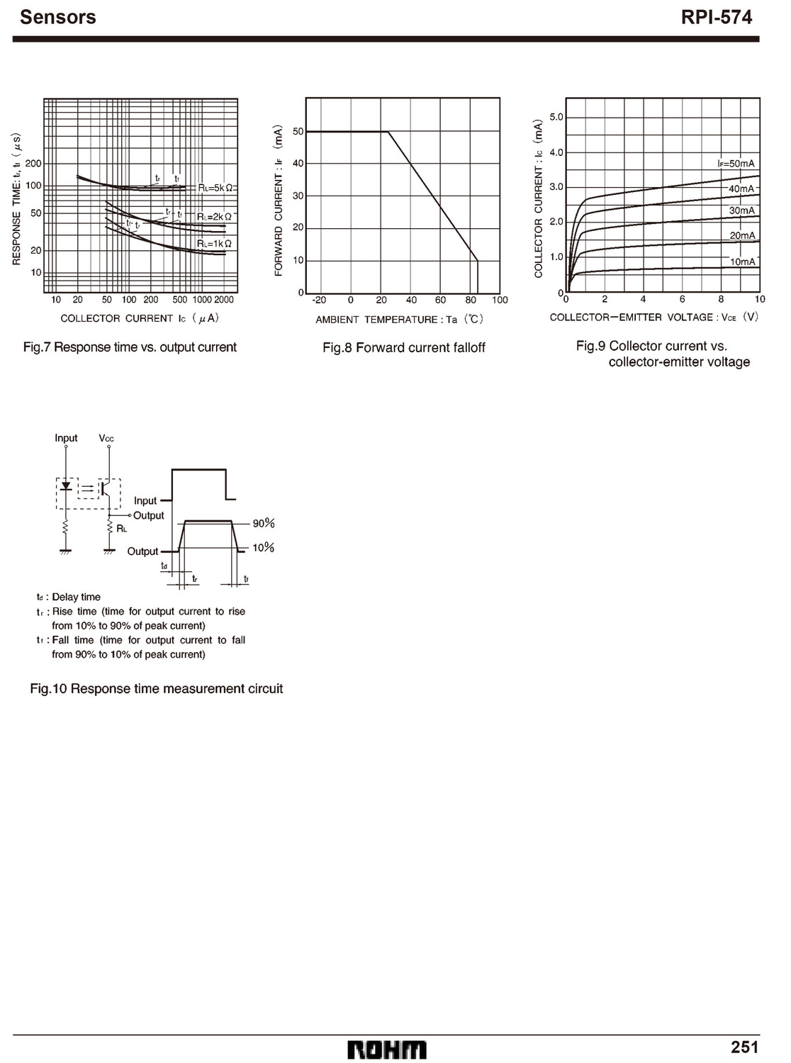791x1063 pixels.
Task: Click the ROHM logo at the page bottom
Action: click(387, 1050)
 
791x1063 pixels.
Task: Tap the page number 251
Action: click(744, 1047)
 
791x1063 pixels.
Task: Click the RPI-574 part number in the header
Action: click(716, 17)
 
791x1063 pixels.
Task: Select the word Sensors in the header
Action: click(58, 17)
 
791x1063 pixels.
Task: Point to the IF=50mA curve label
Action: click(736, 164)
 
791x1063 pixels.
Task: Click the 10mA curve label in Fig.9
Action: click(742, 262)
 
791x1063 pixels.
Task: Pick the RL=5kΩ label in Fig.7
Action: click(215, 188)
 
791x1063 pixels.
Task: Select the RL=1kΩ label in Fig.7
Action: click(214, 244)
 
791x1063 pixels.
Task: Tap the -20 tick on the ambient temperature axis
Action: click(320, 300)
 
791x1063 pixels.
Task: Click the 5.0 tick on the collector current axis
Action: click(556, 117)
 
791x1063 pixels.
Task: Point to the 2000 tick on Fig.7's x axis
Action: click(224, 300)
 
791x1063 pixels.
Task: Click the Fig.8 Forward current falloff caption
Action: click(404, 348)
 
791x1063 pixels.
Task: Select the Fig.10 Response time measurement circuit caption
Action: click(156, 689)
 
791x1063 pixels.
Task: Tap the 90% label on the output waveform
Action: click(264, 524)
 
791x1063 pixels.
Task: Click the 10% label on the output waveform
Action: click(263, 548)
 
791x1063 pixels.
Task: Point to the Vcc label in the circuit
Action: click(106, 439)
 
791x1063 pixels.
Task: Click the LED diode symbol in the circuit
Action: click(66, 486)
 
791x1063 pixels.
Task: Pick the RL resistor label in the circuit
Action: click(121, 529)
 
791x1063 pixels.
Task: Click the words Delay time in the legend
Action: click(76, 597)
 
